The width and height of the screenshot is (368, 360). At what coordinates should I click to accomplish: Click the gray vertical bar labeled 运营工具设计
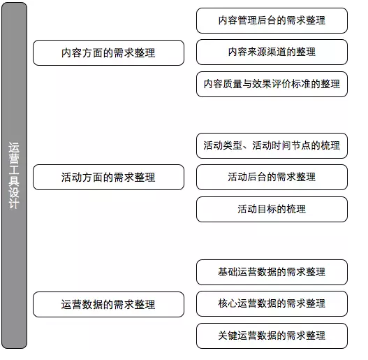coord(14,175)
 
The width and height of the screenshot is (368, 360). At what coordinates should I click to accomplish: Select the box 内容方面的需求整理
coord(108,52)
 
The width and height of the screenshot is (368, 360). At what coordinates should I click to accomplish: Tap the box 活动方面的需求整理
coord(108,177)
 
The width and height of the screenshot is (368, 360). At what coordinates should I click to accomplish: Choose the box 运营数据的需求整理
coord(108,305)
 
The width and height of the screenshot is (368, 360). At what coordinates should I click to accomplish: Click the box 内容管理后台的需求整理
coord(272,20)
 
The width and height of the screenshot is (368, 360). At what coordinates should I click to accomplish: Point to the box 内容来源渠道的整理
coord(272,52)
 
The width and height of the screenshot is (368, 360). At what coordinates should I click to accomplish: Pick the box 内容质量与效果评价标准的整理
coord(272,84)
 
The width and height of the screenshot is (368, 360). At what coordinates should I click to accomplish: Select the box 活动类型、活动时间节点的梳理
coord(272,145)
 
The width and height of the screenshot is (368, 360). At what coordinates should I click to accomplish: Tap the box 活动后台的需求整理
coord(272,177)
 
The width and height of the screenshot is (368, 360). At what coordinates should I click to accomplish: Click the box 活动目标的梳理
coord(272,210)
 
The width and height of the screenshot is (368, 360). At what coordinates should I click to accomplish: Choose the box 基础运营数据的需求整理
coord(272,272)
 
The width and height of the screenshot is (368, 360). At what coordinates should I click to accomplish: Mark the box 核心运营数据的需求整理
coord(272,303)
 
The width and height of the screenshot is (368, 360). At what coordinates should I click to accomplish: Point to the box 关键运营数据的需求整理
coord(272,336)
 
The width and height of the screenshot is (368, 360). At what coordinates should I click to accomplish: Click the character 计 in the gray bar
coord(14,203)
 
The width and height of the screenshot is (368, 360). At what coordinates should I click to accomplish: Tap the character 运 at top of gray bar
coord(14,147)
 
